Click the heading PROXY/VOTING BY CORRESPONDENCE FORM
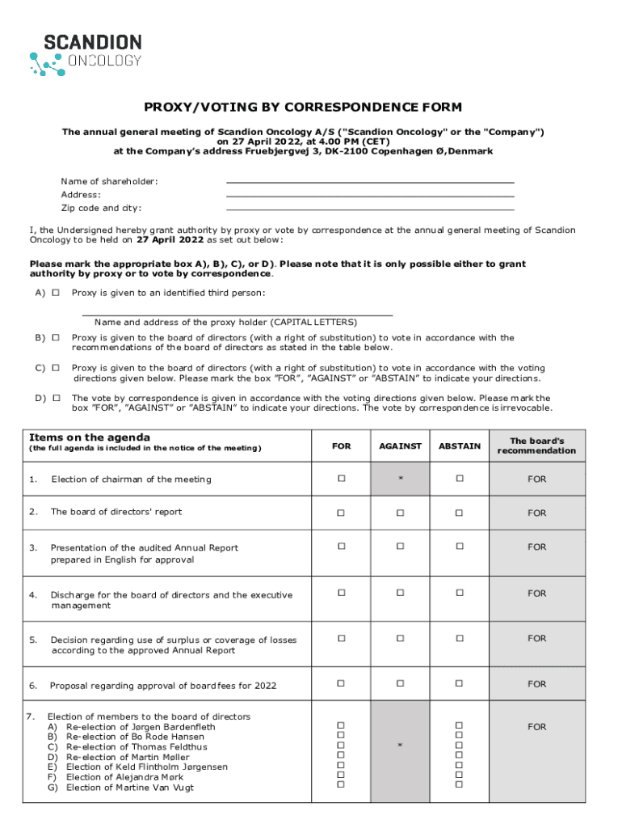(x=303, y=107)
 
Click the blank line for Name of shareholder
(x=370, y=182)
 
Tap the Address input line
(x=370, y=195)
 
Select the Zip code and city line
(x=370, y=208)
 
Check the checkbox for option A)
(x=56, y=293)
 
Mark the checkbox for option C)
(x=56, y=368)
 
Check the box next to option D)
(x=56, y=398)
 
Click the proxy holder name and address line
(x=237, y=313)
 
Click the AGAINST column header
(x=401, y=446)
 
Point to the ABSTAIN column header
(x=459, y=446)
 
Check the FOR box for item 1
(x=341, y=479)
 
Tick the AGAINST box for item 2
(x=401, y=513)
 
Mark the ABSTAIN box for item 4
(x=459, y=593)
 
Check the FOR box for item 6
(x=341, y=683)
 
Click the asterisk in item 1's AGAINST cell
(x=401, y=479)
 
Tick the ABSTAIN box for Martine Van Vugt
(x=459, y=784)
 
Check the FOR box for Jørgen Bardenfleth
(x=341, y=725)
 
